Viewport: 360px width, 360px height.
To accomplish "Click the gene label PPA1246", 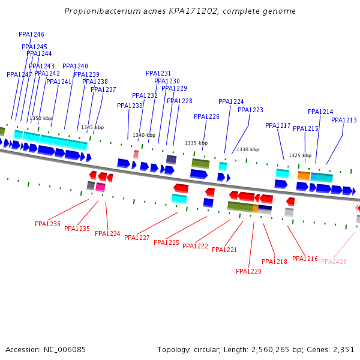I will pos(31,34).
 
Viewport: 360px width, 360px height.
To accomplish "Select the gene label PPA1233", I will pos(130,106).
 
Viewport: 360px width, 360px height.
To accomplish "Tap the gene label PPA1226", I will pos(206,116).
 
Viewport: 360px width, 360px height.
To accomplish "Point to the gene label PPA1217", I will pos(278,125).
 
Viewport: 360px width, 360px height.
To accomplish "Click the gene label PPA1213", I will pos(344,120).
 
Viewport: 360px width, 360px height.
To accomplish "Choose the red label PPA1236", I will pos(47,224).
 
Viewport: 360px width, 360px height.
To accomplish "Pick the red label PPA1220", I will pos(248,271).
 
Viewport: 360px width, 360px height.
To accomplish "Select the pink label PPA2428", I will pos(334,262).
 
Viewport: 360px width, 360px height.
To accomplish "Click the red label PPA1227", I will pos(137,238).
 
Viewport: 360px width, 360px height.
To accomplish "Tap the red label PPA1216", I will pos(305,259).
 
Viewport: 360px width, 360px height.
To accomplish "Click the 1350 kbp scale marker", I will pos(41,118).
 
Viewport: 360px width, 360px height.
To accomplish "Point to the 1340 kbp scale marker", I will pos(144,135).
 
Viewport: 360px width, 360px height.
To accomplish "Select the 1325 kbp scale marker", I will pos(300,155).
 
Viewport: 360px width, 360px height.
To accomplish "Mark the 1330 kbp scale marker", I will pos(248,149).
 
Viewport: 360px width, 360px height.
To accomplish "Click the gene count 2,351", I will pos(342,349).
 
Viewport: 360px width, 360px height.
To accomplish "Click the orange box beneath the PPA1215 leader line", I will pos(304,175).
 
